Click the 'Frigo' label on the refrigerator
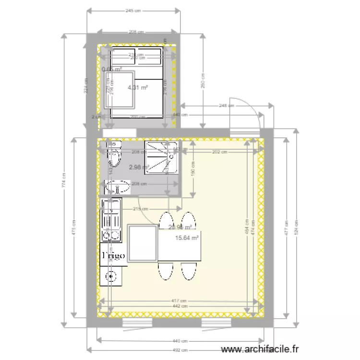114,255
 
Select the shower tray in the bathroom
163,157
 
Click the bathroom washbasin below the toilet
117,186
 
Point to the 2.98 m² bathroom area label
139,167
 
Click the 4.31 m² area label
137,87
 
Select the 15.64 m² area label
187,238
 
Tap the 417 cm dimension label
176,301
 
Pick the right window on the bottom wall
214,322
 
